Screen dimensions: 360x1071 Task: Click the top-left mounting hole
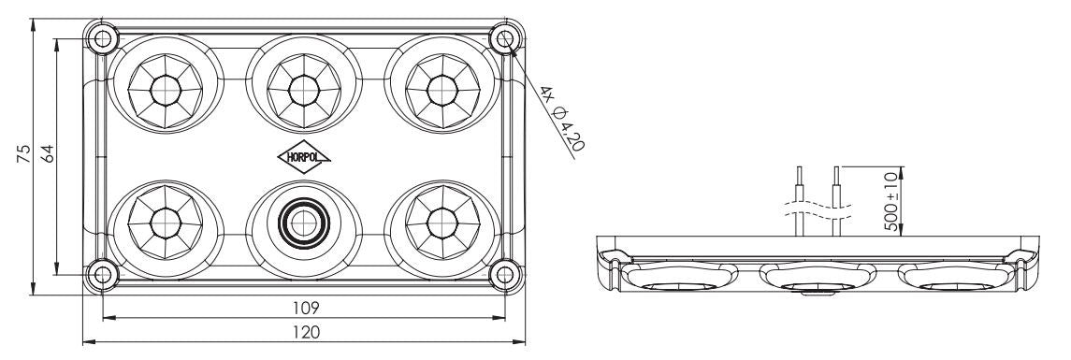tap(101, 38)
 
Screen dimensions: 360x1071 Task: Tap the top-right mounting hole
tap(506, 38)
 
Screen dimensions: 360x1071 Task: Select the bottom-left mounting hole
tap(101, 274)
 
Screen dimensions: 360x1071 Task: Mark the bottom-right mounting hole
tap(506, 274)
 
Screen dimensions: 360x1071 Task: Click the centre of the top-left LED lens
tap(166, 90)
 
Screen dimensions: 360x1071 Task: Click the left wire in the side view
tap(798, 201)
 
